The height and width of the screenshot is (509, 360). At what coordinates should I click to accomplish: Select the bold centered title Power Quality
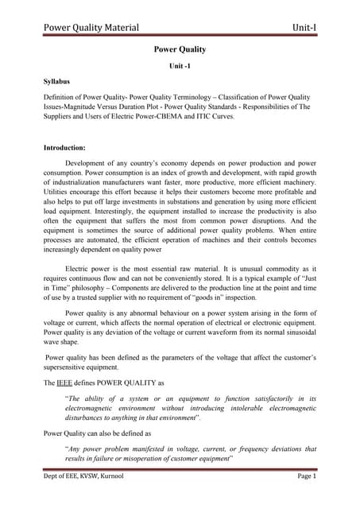tap(180, 49)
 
